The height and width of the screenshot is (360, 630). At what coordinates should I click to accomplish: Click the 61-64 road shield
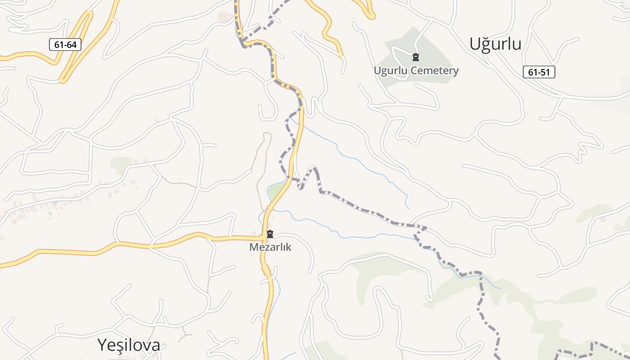pyautogui.click(x=65, y=45)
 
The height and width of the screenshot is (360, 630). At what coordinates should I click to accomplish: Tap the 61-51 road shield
pyautogui.click(x=539, y=72)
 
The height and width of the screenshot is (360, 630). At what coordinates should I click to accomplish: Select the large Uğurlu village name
pyautogui.click(x=495, y=44)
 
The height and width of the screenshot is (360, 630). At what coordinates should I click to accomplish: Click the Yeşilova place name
pyautogui.click(x=129, y=345)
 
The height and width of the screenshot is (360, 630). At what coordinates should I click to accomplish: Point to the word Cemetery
pyautogui.click(x=437, y=71)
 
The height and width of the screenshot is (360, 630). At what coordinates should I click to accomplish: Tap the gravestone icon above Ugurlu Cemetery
pyautogui.click(x=416, y=57)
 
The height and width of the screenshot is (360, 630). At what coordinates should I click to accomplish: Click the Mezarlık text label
pyautogui.click(x=270, y=247)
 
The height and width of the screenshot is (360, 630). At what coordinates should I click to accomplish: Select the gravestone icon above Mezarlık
pyautogui.click(x=270, y=234)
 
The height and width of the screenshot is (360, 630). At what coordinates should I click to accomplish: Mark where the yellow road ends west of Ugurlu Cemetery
pyautogui.click(x=341, y=56)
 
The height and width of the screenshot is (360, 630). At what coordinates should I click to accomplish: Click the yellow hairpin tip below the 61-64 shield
pyautogui.click(x=62, y=81)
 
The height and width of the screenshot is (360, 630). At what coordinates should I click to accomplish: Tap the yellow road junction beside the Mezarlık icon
pyautogui.click(x=263, y=237)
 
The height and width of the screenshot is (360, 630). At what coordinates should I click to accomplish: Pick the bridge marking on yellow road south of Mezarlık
pyautogui.click(x=266, y=270)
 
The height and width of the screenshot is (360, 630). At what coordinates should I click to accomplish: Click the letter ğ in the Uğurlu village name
pyautogui.click(x=486, y=44)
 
